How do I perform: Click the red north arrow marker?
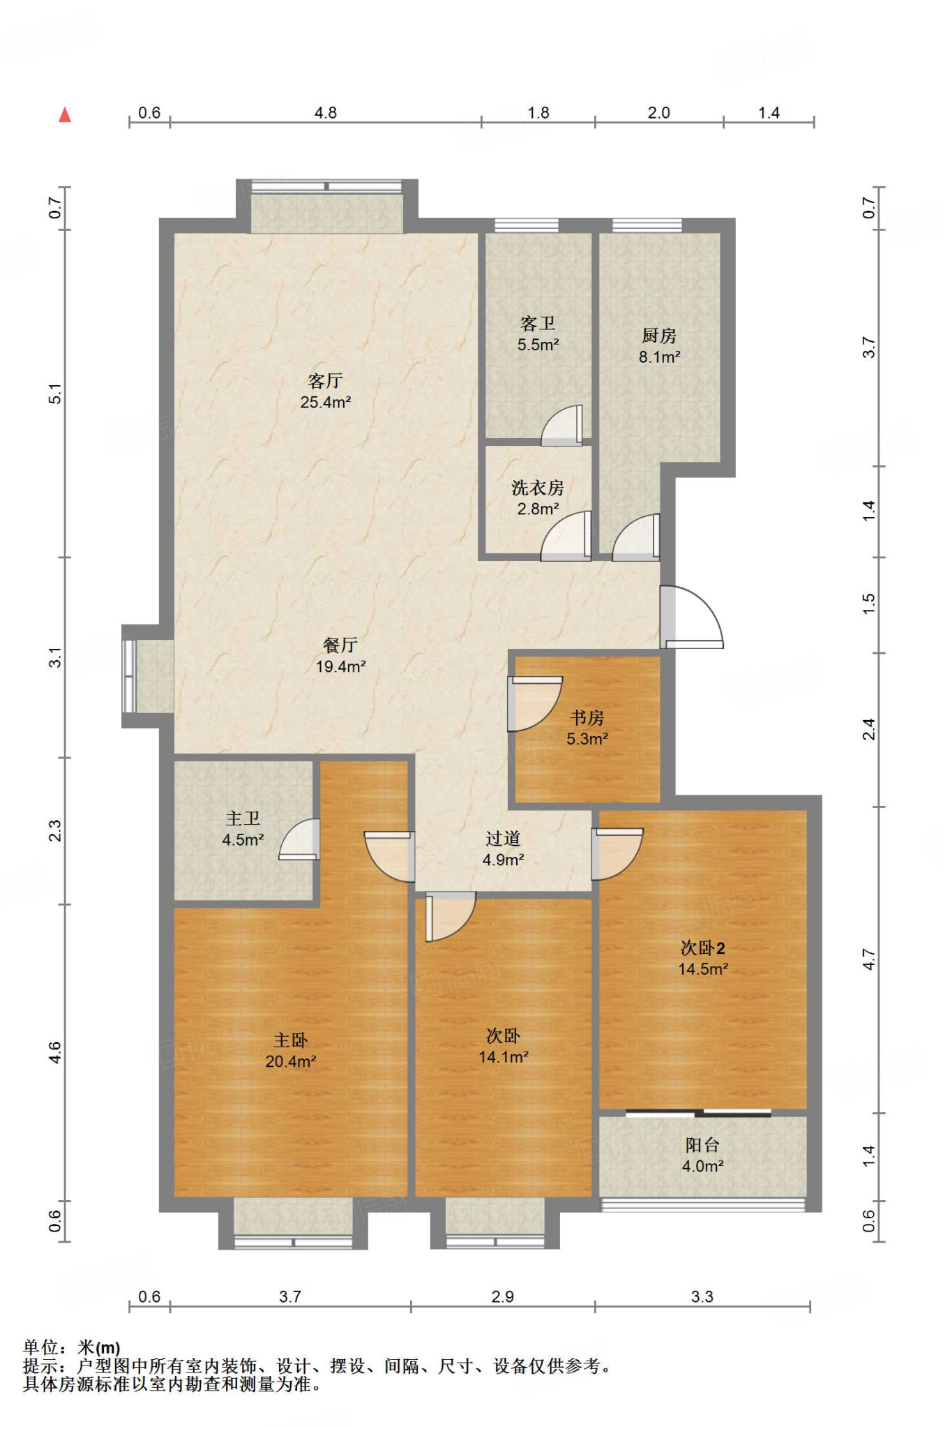[x=65, y=114]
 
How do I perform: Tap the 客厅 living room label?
[x=325, y=381]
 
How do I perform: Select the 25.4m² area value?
[x=325, y=402]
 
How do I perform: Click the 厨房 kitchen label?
[x=659, y=336]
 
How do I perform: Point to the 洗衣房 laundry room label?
[x=537, y=488]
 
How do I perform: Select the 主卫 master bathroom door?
[x=299, y=839]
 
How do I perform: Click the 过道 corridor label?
[x=503, y=839]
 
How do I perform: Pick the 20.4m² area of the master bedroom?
[x=291, y=1061]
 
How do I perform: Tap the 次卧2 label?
[x=702, y=948]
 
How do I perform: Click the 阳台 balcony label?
[x=702, y=1145]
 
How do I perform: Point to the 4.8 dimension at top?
[x=326, y=113]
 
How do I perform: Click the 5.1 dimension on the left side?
[x=55, y=394]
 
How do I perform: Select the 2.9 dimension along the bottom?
[x=502, y=1296]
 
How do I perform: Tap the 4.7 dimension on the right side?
[x=868, y=959]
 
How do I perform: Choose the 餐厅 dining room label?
[x=340, y=645]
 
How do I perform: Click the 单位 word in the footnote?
[x=40, y=1347]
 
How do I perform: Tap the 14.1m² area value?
[x=504, y=1057]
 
